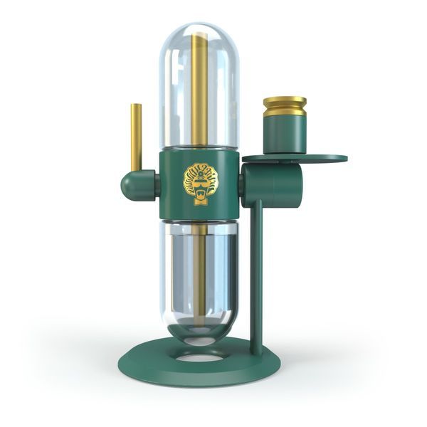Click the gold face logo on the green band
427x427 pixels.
(201, 182)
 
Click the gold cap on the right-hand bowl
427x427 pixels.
(285, 107)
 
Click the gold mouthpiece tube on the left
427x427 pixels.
(135, 139)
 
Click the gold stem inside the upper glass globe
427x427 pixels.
(197, 93)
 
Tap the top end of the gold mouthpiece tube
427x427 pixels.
(135, 106)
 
